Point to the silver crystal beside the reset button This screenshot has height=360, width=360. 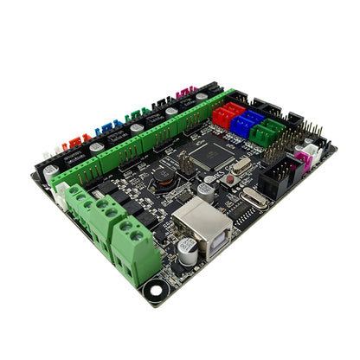241,165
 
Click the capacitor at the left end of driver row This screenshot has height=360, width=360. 51,170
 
